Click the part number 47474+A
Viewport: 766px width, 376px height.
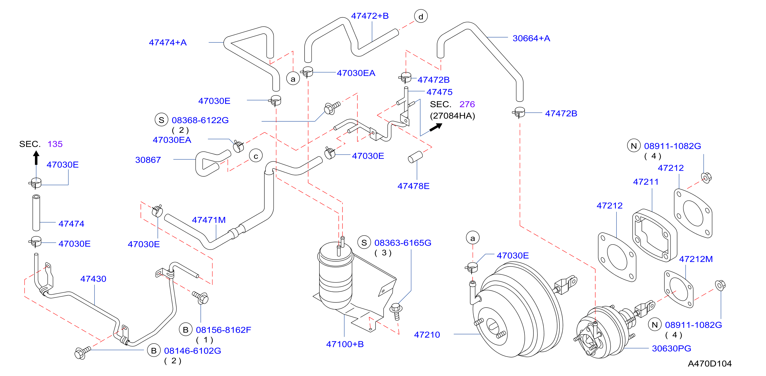tap(168, 43)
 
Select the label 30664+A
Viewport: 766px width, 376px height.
tap(531, 38)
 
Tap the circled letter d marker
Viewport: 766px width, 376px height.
tap(421, 16)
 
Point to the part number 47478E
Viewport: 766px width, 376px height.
tap(413, 186)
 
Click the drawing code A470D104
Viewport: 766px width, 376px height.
tap(709, 364)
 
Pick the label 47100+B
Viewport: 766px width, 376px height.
tap(345, 344)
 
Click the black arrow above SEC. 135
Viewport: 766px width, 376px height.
tap(36, 158)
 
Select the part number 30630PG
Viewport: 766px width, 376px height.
tap(671, 348)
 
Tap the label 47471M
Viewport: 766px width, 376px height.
tap(209, 220)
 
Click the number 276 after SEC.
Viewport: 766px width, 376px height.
tap(467, 104)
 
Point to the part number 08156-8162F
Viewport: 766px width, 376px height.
tap(223, 330)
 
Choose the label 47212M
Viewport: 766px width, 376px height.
tap(696, 259)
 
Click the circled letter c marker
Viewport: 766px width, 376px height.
tap(256, 156)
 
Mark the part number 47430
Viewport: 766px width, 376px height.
tap(93, 279)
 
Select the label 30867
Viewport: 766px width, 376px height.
tap(148, 160)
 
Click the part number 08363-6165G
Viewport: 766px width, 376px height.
tap(403, 243)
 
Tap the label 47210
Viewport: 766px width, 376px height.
tap(427, 335)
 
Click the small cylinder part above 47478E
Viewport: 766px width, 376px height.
tap(415, 157)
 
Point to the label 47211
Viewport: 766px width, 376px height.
tap(646, 182)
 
